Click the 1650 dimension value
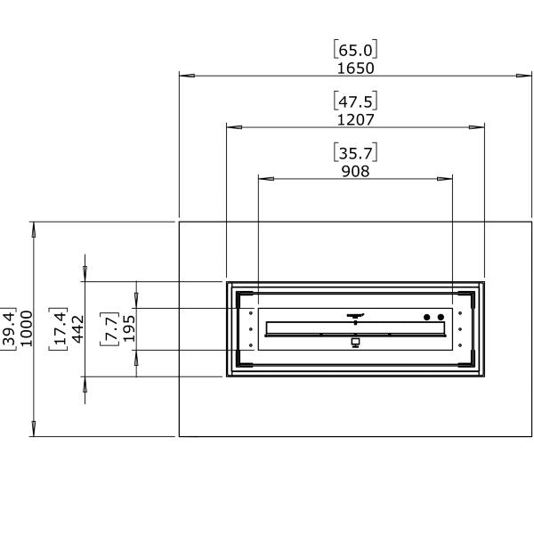355,68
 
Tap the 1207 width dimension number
355,119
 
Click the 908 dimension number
355,171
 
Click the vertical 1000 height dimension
26,329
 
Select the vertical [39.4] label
9,329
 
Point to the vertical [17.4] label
60,329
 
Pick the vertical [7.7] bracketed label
111,329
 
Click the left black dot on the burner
426,318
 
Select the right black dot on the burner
440,318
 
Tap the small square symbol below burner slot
355,342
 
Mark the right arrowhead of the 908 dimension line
447,179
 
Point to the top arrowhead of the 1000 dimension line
34,228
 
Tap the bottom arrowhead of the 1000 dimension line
34,430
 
